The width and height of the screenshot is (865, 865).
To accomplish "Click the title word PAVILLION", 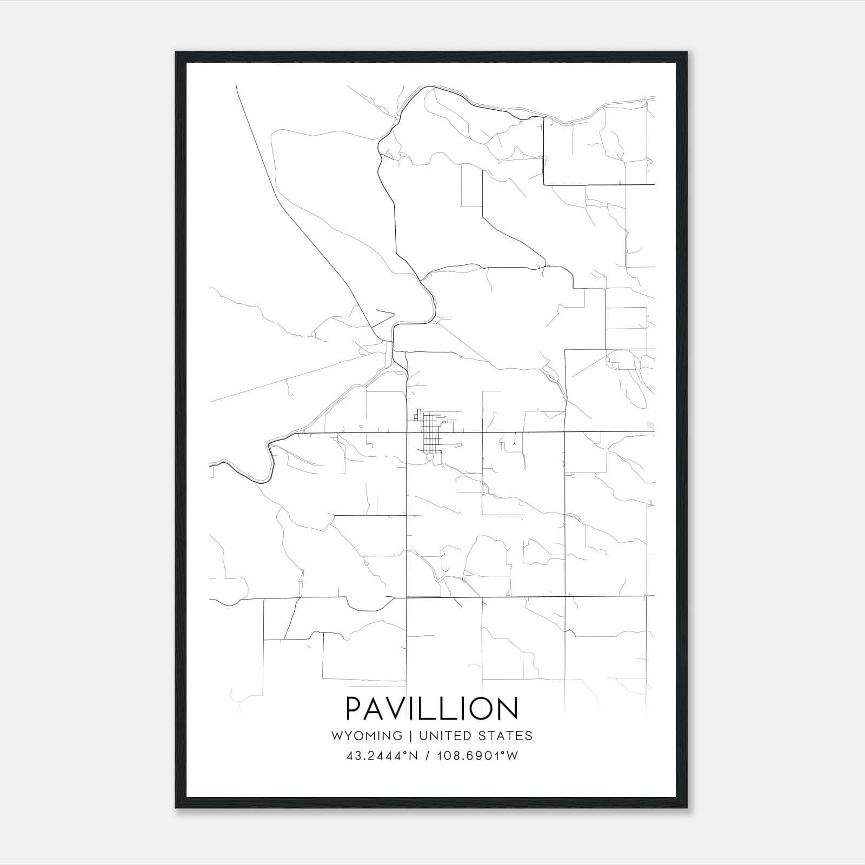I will click(431, 709).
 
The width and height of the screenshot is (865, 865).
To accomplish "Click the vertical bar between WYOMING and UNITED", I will click(410, 736).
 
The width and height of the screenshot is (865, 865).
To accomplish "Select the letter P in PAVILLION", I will click(355, 709).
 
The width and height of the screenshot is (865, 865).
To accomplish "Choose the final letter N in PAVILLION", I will click(508, 709).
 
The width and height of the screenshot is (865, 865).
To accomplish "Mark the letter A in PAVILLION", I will click(376, 709).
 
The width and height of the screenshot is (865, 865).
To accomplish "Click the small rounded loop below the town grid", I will click(429, 457).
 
